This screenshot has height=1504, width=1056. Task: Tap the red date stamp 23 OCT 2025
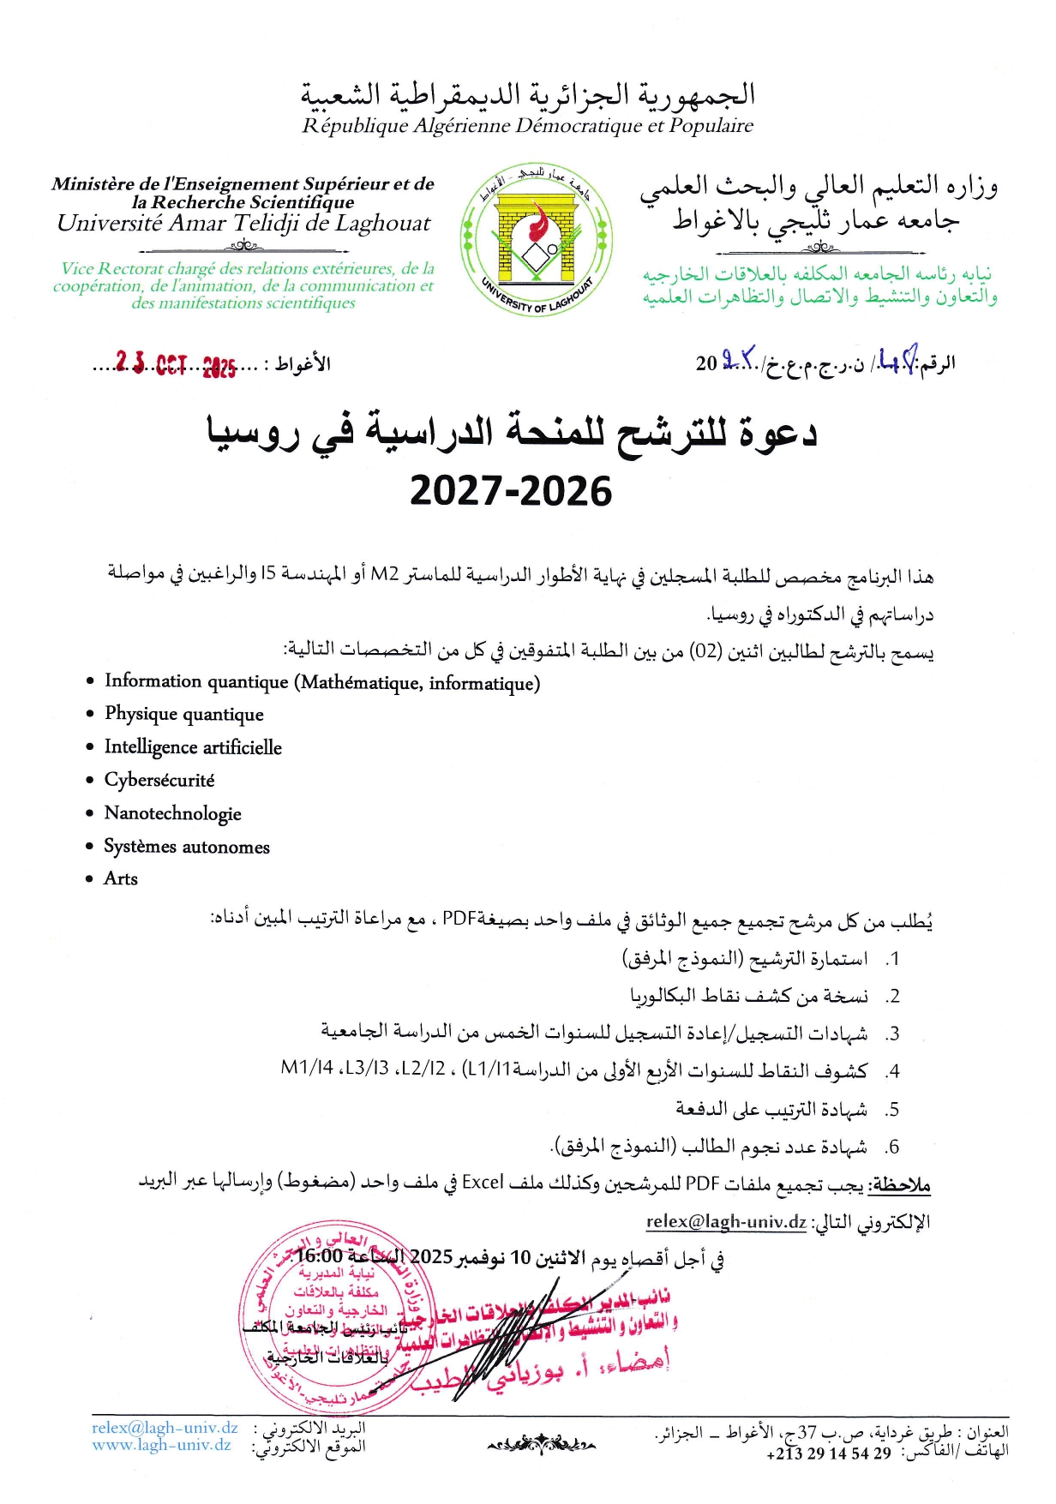[176, 365]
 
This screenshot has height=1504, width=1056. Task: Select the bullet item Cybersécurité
[159, 780]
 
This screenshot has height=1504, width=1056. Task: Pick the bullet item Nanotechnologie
[172, 813]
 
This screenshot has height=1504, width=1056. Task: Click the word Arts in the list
[121, 878]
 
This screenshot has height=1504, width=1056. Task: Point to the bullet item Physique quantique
[183, 714]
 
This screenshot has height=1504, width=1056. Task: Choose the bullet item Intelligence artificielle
[193, 747]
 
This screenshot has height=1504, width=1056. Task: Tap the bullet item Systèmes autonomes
[187, 847]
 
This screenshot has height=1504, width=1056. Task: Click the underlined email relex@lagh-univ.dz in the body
[726, 1221]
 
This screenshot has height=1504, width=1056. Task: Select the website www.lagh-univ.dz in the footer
[162, 1445]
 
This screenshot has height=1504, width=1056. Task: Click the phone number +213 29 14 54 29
[829, 1453]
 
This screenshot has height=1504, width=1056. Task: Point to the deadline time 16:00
[320, 1256]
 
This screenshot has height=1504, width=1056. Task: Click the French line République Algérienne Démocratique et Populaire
[527, 126]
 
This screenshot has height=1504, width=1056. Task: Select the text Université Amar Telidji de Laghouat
[243, 224]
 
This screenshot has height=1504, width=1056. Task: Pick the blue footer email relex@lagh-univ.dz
[165, 1428]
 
